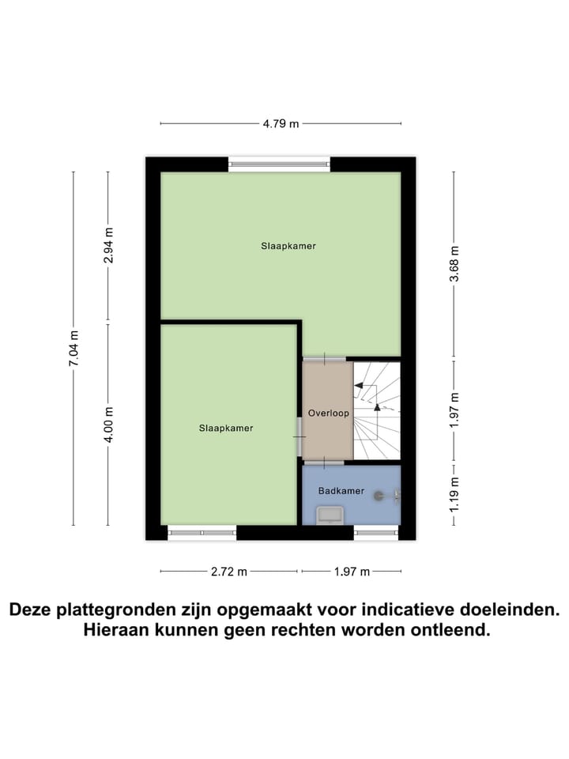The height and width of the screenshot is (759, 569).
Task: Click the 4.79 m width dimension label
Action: (281, 123)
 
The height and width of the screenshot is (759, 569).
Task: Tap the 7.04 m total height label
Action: (73, 348)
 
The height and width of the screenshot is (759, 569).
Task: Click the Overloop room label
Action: (328, 413)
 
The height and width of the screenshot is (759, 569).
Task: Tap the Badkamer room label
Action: (341, 491)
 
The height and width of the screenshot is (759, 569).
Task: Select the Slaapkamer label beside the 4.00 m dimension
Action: (226, 428)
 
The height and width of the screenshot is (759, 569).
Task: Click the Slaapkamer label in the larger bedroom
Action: (288, 246)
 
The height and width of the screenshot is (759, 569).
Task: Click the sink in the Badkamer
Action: (329, 515)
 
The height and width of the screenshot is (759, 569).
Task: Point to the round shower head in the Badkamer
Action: (380, 497)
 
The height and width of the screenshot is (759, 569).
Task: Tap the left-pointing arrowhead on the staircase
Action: (358, 386)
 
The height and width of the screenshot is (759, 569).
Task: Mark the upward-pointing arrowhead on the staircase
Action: (376, 407)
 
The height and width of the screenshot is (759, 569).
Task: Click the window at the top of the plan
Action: (279, 164)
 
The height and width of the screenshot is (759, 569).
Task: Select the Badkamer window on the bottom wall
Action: (376, 533)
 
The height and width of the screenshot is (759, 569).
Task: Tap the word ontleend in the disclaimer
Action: (451, 630)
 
